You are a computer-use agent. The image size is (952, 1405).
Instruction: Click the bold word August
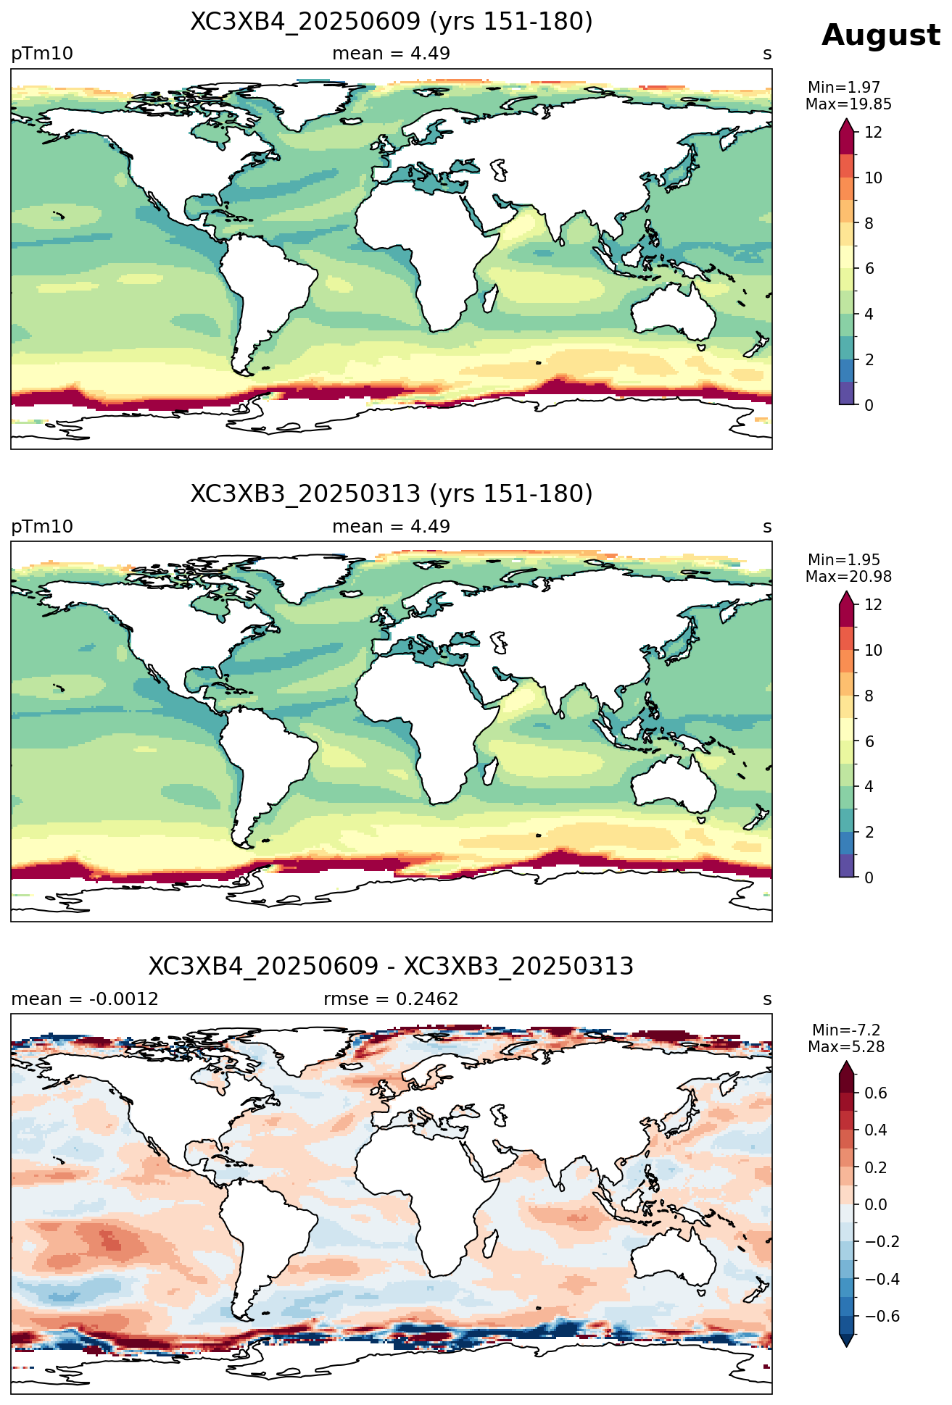pyautogui.click(x=880, y=36)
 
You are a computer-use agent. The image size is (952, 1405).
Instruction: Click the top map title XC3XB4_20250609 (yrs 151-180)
pyautogui.click(x=392, y=22)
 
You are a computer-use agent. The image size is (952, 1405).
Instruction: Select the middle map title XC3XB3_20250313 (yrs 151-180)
pyautogui.click(x=392, y=494)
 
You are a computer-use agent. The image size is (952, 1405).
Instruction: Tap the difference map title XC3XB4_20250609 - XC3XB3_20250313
pyautogui.click(x=392, y=967)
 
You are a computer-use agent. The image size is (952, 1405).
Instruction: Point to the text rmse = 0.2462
pyautogui.click(x=391, y=999)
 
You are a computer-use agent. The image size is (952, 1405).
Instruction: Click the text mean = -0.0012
pyautogui.click(x=85, y=999)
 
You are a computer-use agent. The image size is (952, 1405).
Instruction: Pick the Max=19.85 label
pyautogui.click(x=848, y=104)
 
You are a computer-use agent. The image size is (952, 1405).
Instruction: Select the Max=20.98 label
pyautogui.click(x=848, y=577)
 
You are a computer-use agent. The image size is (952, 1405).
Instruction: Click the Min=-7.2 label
pyautogui.click(x=846, y=1030)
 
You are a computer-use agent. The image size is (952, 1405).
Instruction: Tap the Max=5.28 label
pyautogui.click(x=846, y=1047)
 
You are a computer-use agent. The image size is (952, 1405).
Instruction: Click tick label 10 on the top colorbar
pyautogui.click(x=873, y=178)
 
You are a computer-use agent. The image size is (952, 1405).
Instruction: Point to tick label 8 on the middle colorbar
pyautogui.click(x=869, y=696)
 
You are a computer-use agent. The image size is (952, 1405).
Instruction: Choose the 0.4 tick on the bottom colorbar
pyautogui.click(x=876, y=1130)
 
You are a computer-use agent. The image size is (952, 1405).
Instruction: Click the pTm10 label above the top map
pyautogui.click(x=42, y=54)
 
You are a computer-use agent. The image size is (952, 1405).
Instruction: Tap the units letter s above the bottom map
pyautogui.click(x=767, y=1000)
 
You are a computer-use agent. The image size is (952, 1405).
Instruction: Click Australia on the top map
pyautogui.click(x=672, y=312)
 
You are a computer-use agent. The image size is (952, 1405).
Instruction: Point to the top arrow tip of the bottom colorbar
pyautogui.click(x=846, y=1062)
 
